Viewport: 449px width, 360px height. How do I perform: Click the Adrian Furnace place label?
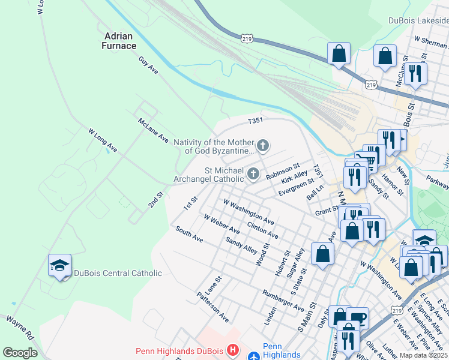pyautogui.click(x=118, y=40)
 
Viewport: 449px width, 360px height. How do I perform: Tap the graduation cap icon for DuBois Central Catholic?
pyautogui.click(x=60, y=265)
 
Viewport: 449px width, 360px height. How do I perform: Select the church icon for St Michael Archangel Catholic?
pyautogui.click(x=253, y=175)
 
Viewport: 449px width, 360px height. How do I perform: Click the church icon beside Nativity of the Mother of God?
pyautogui.click(x=262, y=145)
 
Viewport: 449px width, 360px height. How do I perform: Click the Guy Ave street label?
pyautogui.click(x=148, y=65)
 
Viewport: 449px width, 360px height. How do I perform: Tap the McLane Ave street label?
pyautogui.click(x=153, y=130)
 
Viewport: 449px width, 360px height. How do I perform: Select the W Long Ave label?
pyautogui.click(x=102, y=139)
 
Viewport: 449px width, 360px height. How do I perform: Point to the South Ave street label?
pyautogui.click(x=189, y=234)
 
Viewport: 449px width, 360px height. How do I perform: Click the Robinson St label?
pyautogui.click(x=282, y=172)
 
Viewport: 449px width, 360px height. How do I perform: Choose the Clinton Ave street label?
pyautogui.click(x=262, y=229)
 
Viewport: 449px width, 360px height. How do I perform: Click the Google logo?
pyautogui.click(x=20, y=353)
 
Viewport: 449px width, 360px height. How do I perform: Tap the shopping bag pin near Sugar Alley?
pyautogui.click(x=323, y=253)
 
